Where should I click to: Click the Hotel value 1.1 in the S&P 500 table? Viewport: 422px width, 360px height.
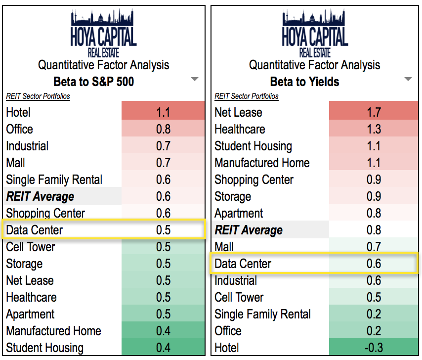coord(163,112)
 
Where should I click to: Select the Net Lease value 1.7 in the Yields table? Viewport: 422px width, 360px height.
coord(374,112)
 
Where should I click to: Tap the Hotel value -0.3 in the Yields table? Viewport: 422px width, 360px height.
coord(374,348)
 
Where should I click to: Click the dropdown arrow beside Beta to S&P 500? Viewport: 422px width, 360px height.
coord(195,79)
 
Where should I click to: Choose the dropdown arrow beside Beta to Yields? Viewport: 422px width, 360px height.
coord(408,79)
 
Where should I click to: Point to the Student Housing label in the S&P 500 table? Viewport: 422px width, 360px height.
coord(44,348)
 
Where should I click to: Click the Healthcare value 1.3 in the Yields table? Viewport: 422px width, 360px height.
coord(374,129)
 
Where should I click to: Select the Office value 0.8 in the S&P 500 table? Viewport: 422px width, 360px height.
coord(163,129)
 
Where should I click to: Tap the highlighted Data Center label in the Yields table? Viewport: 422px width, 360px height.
coord(243,264)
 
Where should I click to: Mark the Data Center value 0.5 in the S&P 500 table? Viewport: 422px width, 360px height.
coord(163,230)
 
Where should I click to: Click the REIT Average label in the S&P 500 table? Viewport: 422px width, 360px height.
coord(40,196)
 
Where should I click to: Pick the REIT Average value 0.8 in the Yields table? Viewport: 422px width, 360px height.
coord(374,230)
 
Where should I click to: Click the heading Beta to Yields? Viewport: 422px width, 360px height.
coord(304,82)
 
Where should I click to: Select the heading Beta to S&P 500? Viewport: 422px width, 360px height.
coord(93,82)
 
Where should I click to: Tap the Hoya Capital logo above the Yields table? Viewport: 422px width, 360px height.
coord(315,33)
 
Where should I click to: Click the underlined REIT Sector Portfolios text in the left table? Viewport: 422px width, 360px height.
coord(38,96)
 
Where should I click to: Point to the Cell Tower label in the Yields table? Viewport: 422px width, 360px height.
coord(239,297)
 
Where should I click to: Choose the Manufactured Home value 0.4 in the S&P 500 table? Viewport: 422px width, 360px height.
coord(163,331)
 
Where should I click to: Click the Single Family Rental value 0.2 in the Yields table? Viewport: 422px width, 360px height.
coord(374,314)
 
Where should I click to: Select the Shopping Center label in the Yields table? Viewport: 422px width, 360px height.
coord(254,180)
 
